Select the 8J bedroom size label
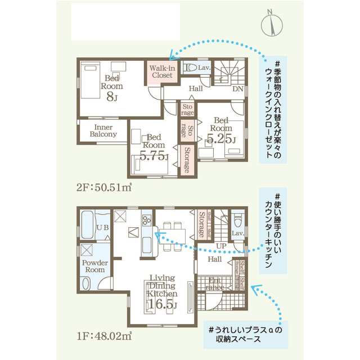(x=112, y=97)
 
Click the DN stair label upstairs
(x=238, y=89)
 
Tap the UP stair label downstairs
(x=223, y=246)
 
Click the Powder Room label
(x=94, y=266)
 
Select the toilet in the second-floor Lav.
(x=190, y=67)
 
